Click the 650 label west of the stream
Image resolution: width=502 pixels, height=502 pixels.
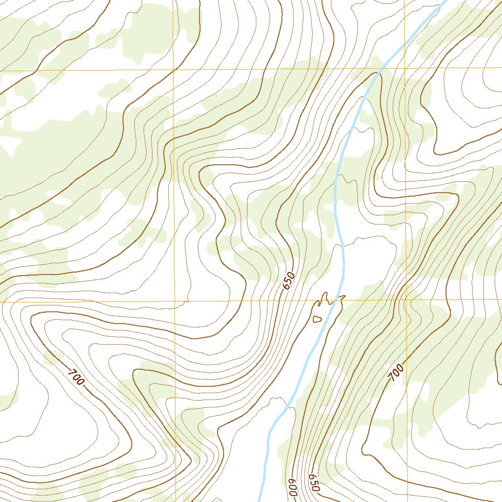point(289,280)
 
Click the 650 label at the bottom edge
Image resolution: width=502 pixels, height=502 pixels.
point(314,483)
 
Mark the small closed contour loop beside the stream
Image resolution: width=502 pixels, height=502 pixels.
point(317,320)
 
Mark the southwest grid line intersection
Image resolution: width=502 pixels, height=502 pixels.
point(175,301)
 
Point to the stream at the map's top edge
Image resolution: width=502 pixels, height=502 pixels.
point(444,1)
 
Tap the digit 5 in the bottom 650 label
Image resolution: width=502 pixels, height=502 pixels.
point(314,483)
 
